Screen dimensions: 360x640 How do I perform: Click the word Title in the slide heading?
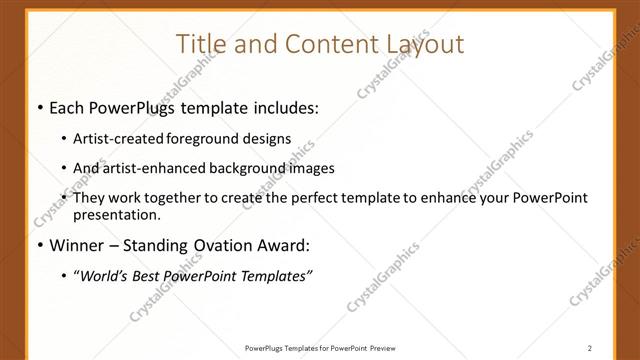point(200,44)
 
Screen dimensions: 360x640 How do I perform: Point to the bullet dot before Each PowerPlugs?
point(39,106)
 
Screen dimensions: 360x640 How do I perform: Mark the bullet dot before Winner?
point(39,246)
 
